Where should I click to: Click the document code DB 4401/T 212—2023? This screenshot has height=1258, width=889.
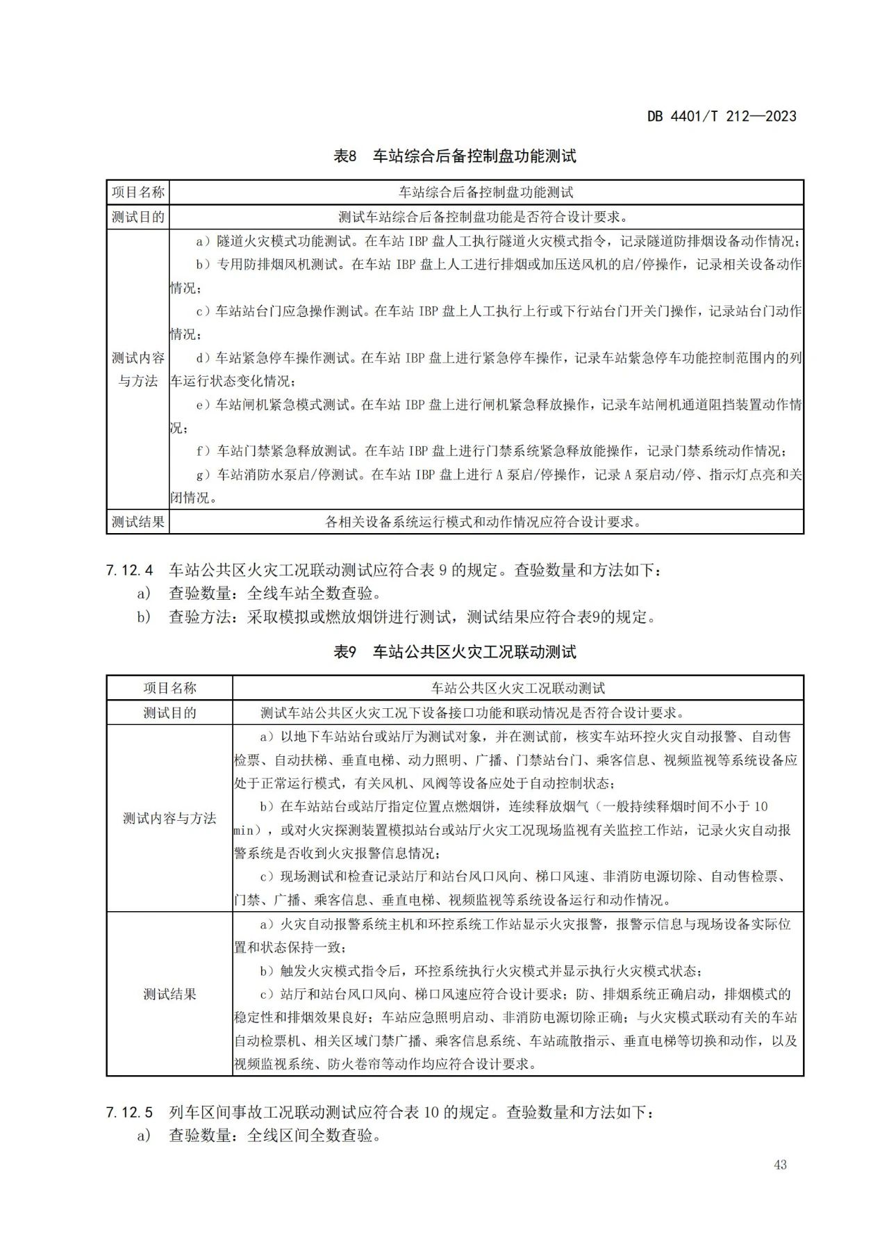[x=722, y=116]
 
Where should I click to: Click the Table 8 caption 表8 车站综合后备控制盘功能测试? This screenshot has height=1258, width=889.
[x=455, y=156]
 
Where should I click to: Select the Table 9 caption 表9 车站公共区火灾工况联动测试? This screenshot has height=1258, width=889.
[x=455, y=652]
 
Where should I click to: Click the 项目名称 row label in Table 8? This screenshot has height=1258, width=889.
[x=138, y=193]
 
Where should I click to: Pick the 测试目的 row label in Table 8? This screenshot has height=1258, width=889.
[x=138, y=217]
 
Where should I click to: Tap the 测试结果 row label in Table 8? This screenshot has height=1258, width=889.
[x=138, y=521]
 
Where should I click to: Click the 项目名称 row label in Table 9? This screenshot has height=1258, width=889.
[x=169, y=688]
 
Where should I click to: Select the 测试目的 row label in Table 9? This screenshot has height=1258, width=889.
[x=169, y=712]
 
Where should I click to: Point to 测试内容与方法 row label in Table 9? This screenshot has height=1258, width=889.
[x=169, y=818]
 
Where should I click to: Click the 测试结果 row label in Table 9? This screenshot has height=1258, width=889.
[x=169, y=994]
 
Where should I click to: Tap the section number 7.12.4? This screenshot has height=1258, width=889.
[x=129, y=571]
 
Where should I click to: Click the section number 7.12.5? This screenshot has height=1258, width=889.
[x=129, y=1112]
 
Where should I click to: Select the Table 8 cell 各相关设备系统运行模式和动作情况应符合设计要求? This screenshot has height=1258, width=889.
[x=485, y=521]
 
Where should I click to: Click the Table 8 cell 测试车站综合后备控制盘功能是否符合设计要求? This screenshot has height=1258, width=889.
[x=485, y=217]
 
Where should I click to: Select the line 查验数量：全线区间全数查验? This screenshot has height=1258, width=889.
[x=275, y=1136]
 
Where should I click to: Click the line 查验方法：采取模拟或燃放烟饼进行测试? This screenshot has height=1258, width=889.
[x=412, y=616]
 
